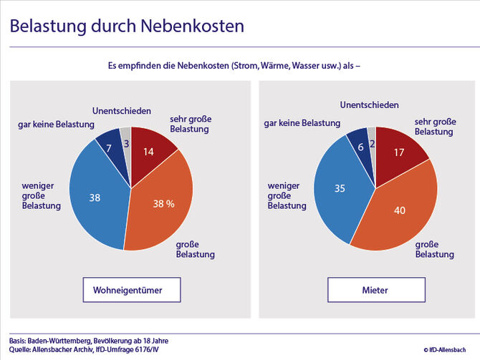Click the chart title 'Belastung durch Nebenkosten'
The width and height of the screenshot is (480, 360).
127,26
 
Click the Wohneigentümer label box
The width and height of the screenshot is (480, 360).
129,291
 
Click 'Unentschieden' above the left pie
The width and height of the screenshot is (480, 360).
122,111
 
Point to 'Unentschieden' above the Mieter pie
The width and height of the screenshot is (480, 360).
369,105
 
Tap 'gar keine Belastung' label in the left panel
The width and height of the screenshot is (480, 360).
57,125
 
